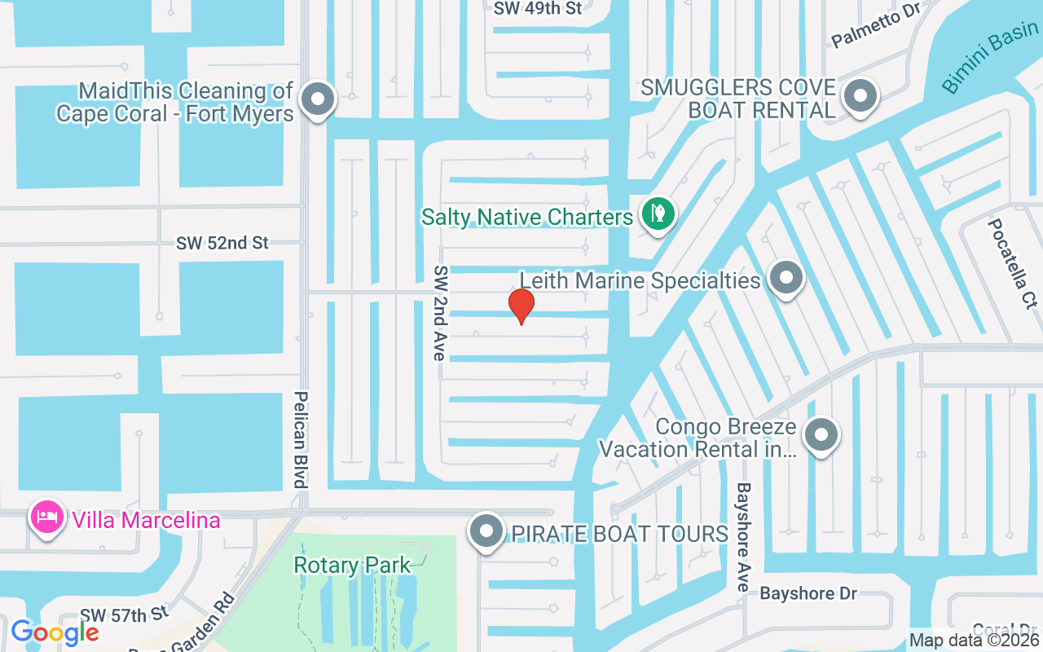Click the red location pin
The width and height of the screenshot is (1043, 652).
pos(521,306)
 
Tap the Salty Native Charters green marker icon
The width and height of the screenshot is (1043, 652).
pos(657,214)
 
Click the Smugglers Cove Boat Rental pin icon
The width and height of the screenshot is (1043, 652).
pos(858,96)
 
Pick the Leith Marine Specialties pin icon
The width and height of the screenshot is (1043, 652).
pos(786,278)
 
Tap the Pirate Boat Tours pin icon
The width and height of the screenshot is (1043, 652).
pos(487,532)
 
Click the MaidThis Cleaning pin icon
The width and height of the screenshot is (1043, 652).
pos(318,100)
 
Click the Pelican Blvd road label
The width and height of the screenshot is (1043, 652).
pos(300,439)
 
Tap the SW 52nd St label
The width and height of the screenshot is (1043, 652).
pos(222,244)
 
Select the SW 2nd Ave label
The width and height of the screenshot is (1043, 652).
pos(440,313)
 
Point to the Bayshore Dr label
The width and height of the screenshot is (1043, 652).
pos(808,593)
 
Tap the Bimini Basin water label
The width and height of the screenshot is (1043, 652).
pos(989,62)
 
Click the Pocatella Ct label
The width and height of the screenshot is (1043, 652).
pos(1011,263)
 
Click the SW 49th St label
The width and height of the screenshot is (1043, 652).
pos(539,8)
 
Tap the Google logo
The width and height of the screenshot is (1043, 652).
pos(55,632)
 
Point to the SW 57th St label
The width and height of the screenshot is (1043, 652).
pos(124,613)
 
